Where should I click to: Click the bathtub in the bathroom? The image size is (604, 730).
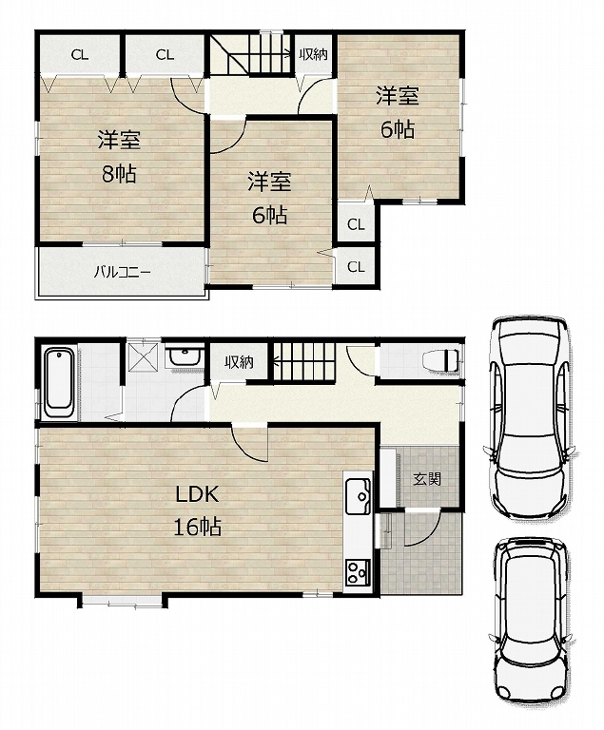click(59, 384)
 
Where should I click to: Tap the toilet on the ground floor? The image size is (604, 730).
click(440, 360)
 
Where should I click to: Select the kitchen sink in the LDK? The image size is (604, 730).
click(358, 497)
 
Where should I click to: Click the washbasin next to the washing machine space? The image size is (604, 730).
click(185, 357)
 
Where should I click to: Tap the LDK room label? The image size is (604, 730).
click(197, 494)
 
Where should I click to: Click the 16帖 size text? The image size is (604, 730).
click(197, 527)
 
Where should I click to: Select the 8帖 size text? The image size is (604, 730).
click(119, 174)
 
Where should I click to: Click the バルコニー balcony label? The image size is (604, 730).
click(122, 272)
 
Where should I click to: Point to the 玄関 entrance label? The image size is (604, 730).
click(427, 478)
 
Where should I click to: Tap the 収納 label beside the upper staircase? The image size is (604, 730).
click(313, 54)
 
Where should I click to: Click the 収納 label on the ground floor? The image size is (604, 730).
click(239, 362)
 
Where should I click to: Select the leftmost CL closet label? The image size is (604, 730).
click(80, 55)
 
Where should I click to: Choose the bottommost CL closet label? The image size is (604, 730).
click(356, 267)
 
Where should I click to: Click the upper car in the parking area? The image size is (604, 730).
click(531, 417)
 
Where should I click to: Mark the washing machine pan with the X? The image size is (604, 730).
click(145, 356)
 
